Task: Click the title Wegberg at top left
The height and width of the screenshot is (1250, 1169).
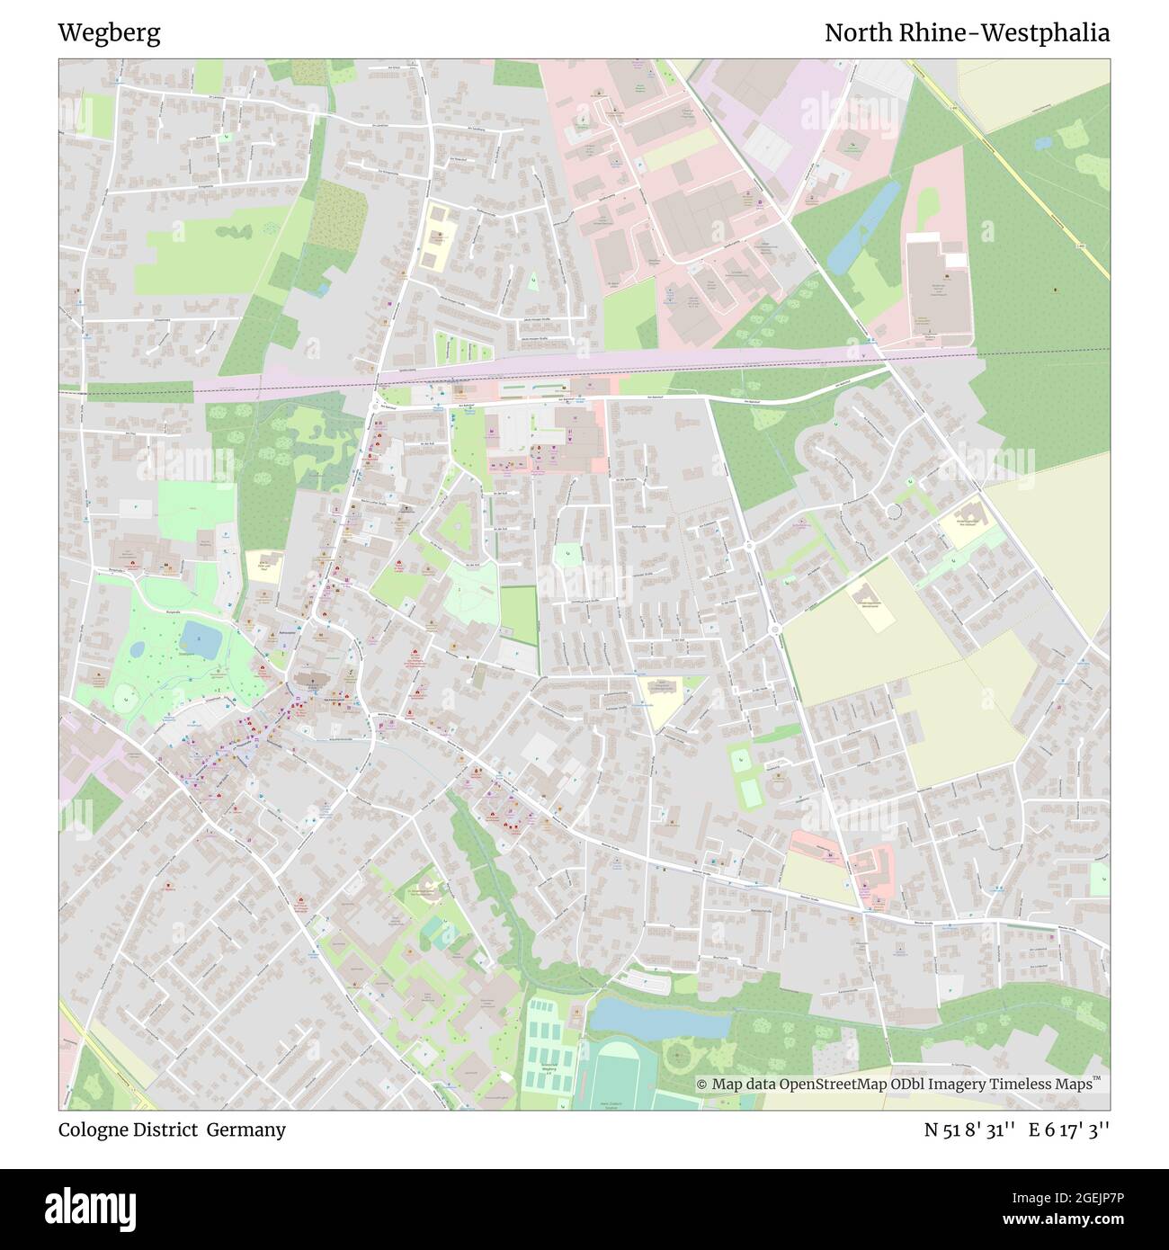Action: (x=109, y=33)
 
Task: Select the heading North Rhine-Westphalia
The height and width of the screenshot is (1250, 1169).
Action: (x=967, y=33)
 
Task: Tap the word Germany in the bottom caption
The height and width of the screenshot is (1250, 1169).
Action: (x=245, y=1129)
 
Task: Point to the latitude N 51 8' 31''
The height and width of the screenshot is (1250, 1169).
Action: (x=970, y=1129)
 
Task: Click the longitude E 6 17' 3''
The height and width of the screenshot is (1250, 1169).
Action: (x=1069, y=1129)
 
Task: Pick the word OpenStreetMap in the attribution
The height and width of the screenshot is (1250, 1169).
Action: (x=833, y=1085)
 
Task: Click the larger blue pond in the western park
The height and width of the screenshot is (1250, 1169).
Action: (x=201, y=640)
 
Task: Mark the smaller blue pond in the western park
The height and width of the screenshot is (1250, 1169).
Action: (x=138, y=648)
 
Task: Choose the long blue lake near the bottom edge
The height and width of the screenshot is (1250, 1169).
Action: (x=659, y=1019)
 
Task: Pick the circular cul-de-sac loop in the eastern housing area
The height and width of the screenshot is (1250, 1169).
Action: (x=893, y=511)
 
